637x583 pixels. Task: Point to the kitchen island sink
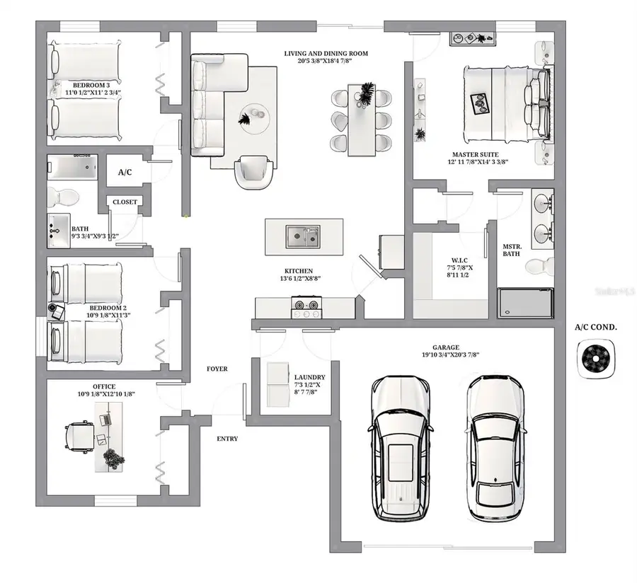click(x=303, y=236)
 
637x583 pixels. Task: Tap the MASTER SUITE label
click(x=476, y=154)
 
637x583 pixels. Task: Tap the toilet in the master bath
click(x=540, y=267)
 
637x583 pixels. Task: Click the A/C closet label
click(x=125, y=172)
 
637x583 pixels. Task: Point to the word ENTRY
click(x=227, y=439)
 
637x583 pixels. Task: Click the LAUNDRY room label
click(x=309, y=378)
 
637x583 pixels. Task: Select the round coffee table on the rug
click(x=253, y=115)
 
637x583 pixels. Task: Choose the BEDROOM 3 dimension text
click(x=93, y=93)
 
